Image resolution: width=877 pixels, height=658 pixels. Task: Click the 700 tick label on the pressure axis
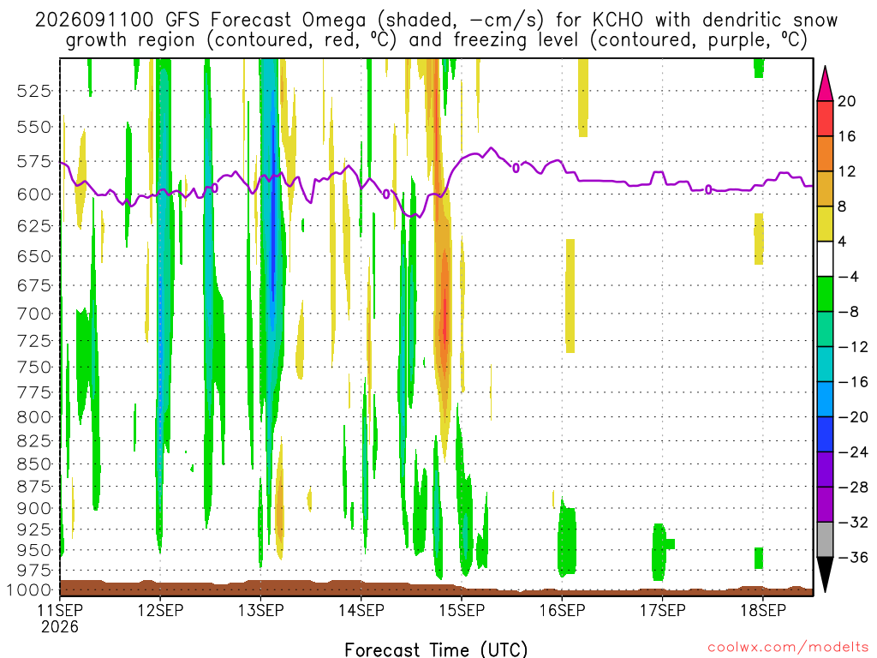click(x=34, y=314)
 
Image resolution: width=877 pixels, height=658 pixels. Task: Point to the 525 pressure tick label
click(x=34, y=91)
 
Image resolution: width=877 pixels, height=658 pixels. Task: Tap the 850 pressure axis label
click(x=34, y=464)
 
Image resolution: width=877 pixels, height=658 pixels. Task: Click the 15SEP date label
click(x=462, y=610)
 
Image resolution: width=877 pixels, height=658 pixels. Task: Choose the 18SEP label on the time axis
click(x=763, y=610)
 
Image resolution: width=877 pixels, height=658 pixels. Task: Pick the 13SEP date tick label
click(x=260, y=610)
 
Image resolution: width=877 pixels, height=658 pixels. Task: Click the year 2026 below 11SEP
click(x=60, y=627)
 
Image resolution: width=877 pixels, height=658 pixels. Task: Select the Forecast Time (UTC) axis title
click(x=436, y=649)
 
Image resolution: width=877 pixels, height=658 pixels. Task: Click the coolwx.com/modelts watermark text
click(x=788, y=648)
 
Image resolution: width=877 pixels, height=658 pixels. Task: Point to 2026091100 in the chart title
click(x=94, y=21)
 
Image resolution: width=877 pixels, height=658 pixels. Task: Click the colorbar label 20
click(x=847, y=101)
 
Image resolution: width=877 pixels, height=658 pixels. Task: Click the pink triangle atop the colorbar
click(x=825, y=84)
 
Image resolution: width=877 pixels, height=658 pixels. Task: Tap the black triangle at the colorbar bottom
click(x=825, y=573)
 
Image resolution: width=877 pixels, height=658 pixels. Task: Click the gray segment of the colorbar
click(x=825, y=540)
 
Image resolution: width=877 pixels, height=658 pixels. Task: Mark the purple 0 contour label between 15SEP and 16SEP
click(x=516, y=167)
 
